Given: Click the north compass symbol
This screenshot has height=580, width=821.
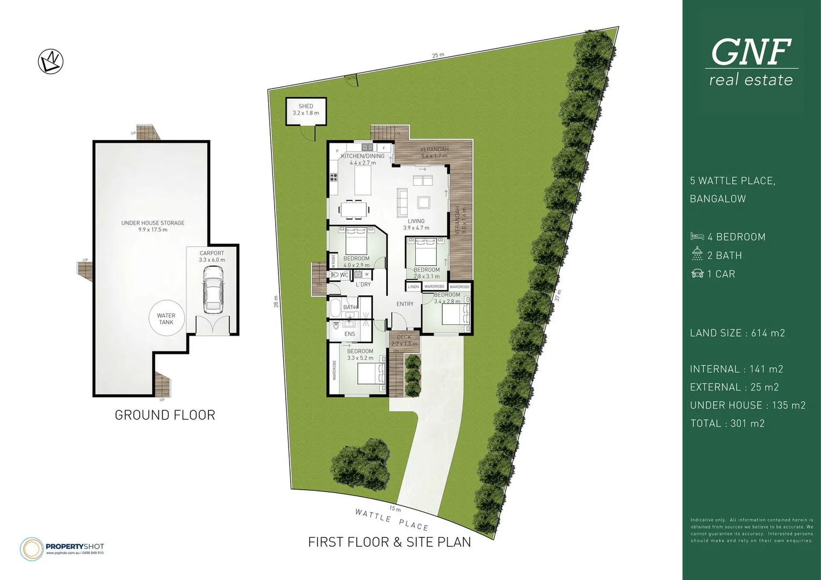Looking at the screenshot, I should coord(51,61).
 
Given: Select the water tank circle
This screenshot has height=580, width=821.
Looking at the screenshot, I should coord(166,318).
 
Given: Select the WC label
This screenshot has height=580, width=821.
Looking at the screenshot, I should coord(344,275).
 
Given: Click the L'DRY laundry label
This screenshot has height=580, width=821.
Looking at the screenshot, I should coord(363,284).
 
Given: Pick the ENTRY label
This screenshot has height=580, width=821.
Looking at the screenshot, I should coord(405,304).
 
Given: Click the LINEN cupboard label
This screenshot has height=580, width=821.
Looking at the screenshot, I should coord(413,287).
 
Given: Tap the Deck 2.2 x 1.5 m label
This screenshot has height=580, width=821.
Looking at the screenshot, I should coord(404,340).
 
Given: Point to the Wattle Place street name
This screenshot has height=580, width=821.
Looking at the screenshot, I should coord(392,519).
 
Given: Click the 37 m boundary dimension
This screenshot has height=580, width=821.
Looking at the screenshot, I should coord(559,295).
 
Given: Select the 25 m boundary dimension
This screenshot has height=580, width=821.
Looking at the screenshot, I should coord(438,55).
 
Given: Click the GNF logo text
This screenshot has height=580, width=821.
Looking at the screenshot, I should coord(751,52).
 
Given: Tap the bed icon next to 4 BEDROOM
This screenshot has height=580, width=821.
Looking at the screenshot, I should coord(697,237).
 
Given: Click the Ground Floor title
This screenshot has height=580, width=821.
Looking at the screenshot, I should coord(165,415).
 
